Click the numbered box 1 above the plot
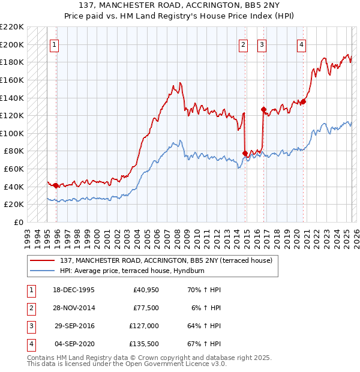tap(55, 44)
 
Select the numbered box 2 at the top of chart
tap(243, 44)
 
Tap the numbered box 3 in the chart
tap(262, 44)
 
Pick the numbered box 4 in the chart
tap(301, 44)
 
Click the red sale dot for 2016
tap(263, 109)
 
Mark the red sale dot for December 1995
tap(56, 185)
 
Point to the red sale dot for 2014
tap(245, 153)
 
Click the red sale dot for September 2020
tap(303, 101)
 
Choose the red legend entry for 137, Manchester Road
tap(166, 260)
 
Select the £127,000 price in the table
tap(144, 326)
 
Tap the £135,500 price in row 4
tap(144, 344)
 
